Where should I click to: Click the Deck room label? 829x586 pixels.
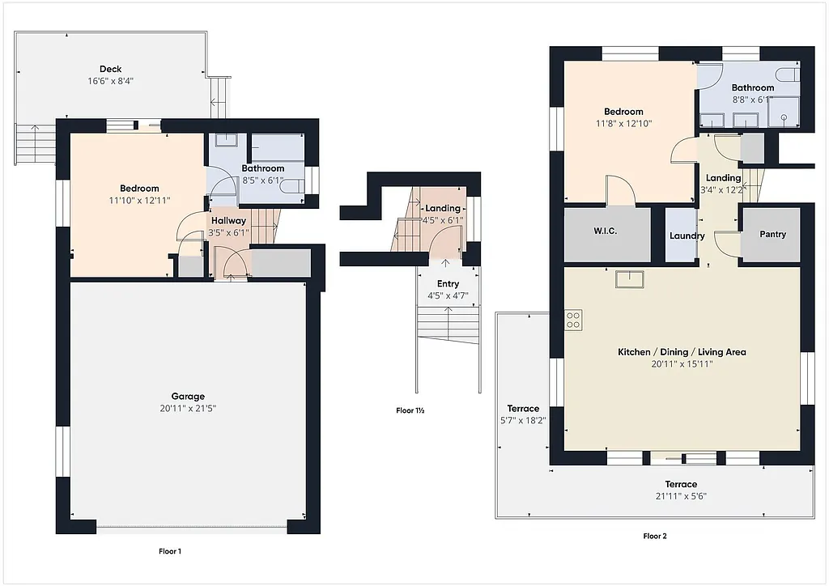(110, 69)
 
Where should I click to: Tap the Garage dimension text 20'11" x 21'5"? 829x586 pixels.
(188, 409)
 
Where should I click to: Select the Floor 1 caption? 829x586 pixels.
(170, 551)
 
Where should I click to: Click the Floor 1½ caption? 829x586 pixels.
(410, 410)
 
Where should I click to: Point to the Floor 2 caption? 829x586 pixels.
(655, 536)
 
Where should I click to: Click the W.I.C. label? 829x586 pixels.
(605, 231)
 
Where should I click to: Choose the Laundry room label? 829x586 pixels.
(687, 236)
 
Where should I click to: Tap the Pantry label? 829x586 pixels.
(772, 235)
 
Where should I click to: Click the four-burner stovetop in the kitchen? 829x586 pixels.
(573, 320)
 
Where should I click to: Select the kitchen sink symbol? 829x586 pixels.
(629, 279)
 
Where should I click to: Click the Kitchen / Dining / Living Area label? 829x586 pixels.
(682, 352)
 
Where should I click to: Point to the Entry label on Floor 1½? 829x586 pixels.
(448, 284)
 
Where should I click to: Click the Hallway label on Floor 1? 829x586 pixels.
(228, 220)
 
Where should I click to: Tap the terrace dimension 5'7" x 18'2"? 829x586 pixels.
(523, 421)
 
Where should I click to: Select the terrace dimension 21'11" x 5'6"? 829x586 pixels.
(681, 496)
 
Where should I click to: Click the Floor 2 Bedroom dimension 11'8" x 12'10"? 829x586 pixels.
(623, 124)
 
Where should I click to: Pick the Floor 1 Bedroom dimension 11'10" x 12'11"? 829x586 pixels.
(139, 200)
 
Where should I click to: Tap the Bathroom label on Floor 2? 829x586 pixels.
(753, 87)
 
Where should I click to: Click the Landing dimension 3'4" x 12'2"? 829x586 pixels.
(723, 190)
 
